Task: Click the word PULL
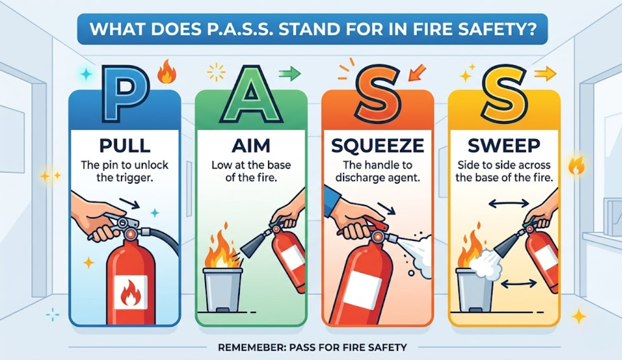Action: point(125,145)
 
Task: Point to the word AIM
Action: point(251,145)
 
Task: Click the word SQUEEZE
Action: point(378,145)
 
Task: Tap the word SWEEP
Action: point(504,145)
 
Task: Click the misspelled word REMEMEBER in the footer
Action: point(252,347)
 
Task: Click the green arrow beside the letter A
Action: point(289,74)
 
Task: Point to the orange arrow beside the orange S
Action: point(417,73)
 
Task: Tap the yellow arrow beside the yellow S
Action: point(545,74)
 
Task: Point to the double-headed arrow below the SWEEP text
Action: point(509,204)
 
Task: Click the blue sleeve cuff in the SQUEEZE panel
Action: point(332,200)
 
